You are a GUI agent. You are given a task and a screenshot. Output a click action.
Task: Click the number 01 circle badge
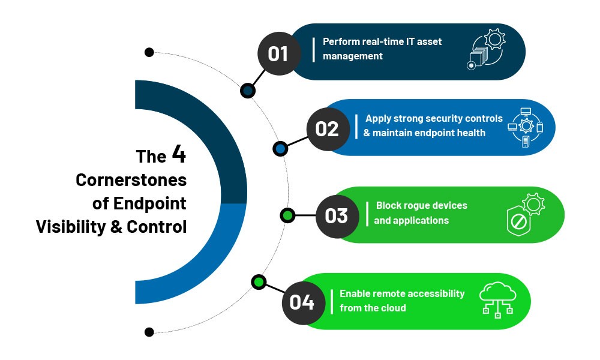(x=279, y=53)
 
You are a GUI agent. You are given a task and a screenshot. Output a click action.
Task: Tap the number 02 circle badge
(x=328, y=129)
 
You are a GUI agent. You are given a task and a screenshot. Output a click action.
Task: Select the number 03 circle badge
(x=337, y=216)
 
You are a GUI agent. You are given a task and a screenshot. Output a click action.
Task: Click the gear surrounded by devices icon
(x=526, y=127)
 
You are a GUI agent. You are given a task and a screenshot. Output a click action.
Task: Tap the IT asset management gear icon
(x=486, y=49)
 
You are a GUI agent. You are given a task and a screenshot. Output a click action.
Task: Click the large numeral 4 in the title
(x=179, y=154)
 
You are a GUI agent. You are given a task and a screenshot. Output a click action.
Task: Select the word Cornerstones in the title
(x=131, y=180)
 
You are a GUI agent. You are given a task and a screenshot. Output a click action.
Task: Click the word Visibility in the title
(x=71, y=227)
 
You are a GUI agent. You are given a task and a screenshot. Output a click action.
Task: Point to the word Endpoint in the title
(x=150, y=203)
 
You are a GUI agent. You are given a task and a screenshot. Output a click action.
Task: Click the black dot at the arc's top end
(x=149, y=52)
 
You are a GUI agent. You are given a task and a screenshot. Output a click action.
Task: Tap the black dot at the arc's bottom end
(x=149, y=332)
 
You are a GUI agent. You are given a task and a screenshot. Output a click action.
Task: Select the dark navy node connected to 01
(x=248, y=91)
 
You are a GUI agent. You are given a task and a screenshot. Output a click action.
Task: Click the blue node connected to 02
(x=280, y=148)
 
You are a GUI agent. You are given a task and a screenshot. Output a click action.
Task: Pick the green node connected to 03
(x=288, y=216)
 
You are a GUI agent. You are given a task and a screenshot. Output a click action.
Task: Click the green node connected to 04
(x=259, y=283)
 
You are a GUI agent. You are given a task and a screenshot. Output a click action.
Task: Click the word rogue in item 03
(x=409, y=206)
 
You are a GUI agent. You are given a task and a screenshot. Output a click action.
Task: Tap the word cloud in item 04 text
(x=394, y=308)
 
